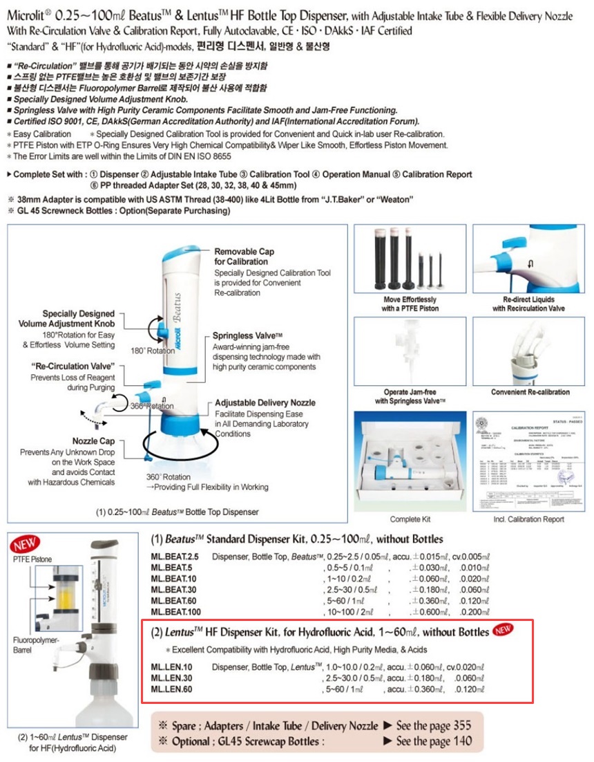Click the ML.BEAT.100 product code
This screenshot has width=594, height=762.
(x=174, y=613)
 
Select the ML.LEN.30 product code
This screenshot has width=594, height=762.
(x=171, y=678)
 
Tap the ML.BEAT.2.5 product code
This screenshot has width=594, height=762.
(x=175, y=557)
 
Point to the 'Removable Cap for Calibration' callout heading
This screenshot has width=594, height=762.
(x=244, y=257)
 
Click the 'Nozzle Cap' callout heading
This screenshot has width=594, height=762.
(x=93, y=440)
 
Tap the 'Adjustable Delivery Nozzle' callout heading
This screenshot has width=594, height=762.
(x=265, y=402)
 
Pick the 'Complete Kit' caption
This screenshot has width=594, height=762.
(x=410, y=519)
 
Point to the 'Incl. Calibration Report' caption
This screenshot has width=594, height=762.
(x=528, y=519)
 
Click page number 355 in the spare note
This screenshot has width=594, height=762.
(x=462, y=725)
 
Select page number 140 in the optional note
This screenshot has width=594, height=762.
(x=462, y=741)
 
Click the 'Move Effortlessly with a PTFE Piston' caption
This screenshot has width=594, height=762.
(x=410, y=304)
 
